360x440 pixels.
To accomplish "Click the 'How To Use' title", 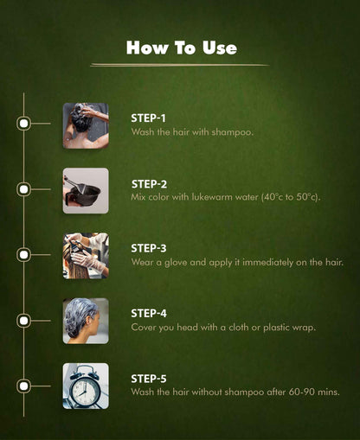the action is [x=182, y=48].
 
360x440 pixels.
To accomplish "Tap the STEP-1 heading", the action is [x=148, y=118].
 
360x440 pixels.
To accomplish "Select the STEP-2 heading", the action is [x=149, y=184].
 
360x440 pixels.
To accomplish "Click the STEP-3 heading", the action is [x=149, y=248].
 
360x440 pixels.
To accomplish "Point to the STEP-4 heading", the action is [x=149, y=314].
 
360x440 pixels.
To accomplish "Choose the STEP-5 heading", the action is [x=149, y=379].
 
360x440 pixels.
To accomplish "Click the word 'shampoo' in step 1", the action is [x=232, y=132].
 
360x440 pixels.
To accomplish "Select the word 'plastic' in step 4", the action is [x=276, y=328].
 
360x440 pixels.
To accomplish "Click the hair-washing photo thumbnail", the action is [x=86, y=125].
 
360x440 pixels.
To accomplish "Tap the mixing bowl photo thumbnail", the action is [x=86, y=191].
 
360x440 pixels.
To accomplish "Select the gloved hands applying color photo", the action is [x=86, y=256].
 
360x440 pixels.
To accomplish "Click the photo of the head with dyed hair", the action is [x=86, y=321].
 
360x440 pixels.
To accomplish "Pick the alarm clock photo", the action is [x=86, y=386].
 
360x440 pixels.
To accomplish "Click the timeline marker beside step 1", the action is [x=23, y=124].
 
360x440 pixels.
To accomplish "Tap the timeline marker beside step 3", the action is [x=23, y=255].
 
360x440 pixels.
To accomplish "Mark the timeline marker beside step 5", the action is [x=23, y=386].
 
